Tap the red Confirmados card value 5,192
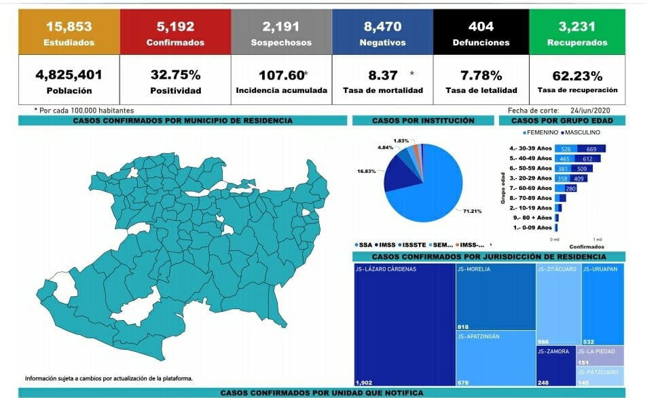click(x=175, y=27)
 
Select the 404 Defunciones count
click(x=481, y=27)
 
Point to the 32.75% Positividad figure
click(x=175, y=75)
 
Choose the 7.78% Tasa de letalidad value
click(x=481, y=75)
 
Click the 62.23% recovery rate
click(x=577, y=75)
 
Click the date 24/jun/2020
click(x=591, y=110)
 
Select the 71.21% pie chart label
click(x=473, y=211)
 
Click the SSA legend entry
click(x=365, y=244)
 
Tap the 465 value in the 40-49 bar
click(x=564, y=159)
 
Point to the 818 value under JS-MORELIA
click(x=464, y=326)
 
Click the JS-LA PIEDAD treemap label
click(x=596, y=351)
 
